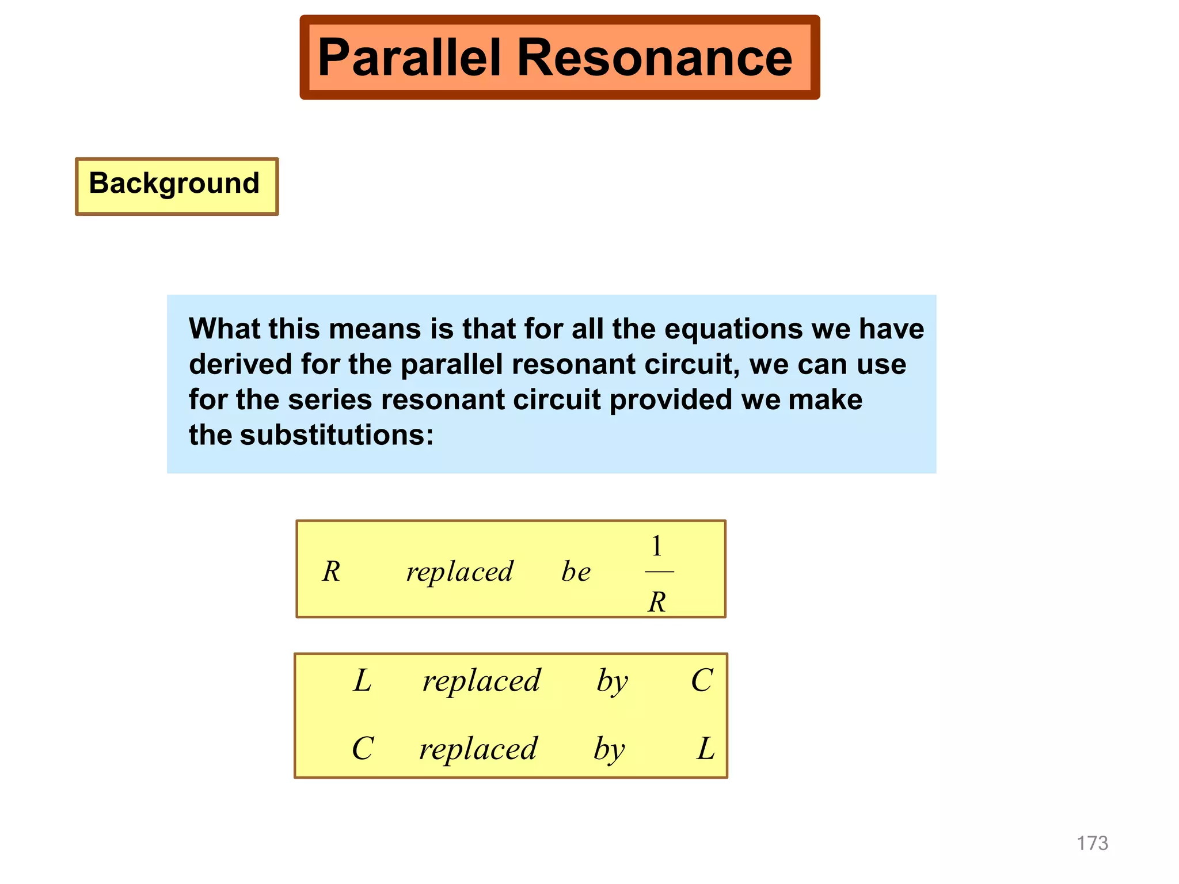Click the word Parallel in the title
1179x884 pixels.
click(x=409, y=58)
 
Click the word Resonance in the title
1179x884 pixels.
click(x=655, y=58)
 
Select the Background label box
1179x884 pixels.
click(x=176, y=186)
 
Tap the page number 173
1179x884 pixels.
click(x=1092, y=843)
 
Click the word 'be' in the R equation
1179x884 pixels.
click(x=576, y=571)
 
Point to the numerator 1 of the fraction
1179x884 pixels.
click(x=657, y=546)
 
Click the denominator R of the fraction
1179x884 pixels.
click(x=657, y=602)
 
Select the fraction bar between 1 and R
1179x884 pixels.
click(x=659, y=572)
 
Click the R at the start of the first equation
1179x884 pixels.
click(x=331, y=571)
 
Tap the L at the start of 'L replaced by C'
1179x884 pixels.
click(x=362, y=680)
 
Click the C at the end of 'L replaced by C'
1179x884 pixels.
click(x=702, y=680)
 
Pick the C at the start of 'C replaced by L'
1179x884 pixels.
click(x=363, y=748)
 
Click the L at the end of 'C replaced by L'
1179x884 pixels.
click(x=706, y=749)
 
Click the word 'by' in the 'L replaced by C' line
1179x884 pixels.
click(x=612, y=682)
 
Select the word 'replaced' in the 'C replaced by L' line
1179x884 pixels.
click(x=478, y=749)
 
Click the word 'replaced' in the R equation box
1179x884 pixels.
click(x=459, y=572)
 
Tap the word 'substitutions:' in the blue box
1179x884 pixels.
click(x=337, y=435)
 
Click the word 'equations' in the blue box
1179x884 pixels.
click(x=733, y=329)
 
